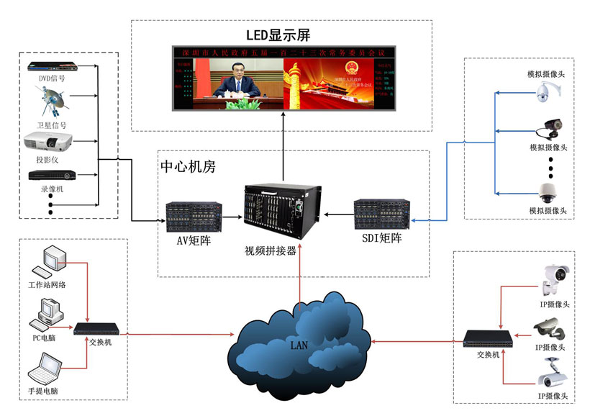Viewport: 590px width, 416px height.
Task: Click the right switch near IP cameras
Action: (487, 338)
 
